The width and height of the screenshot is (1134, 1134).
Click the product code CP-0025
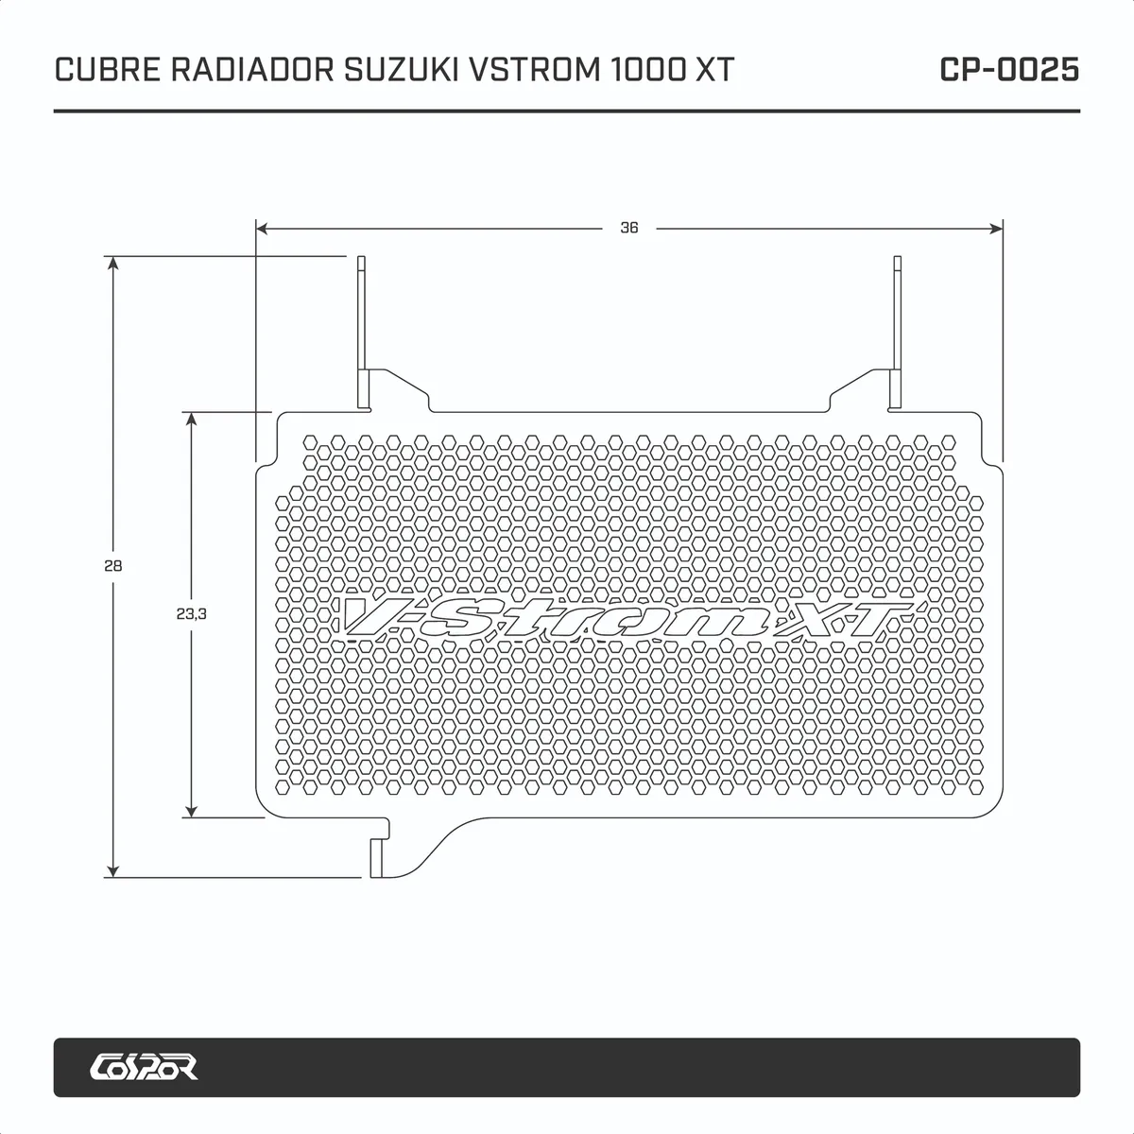click(x=1009, y=70)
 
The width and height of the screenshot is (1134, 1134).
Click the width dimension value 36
click(x=629, y=228)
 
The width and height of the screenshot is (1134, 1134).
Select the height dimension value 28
click(x=113, y=566)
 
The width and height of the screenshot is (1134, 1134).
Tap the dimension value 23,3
click(x=191, y=613)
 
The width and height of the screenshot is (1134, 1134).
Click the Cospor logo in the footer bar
click(x=144, y=1067)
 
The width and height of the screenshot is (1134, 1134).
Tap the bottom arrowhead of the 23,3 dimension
click(x=191, y=810)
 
